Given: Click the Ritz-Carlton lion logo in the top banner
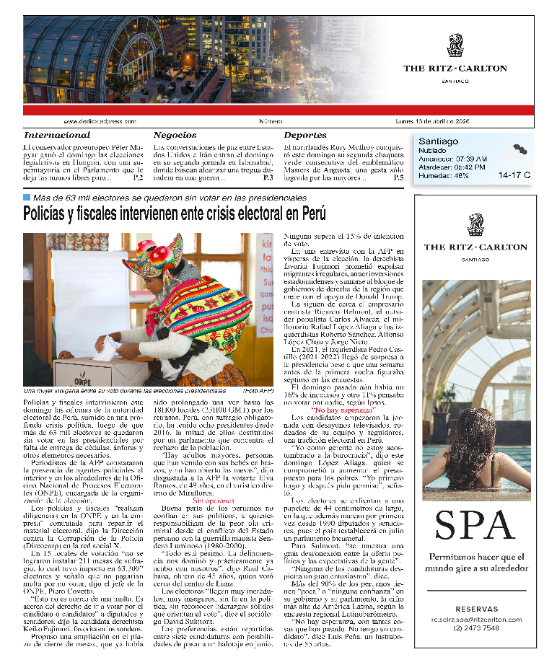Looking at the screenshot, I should click(x=455, y=45).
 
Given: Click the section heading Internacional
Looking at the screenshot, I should click(x=67, y=135).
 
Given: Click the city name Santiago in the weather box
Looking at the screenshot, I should click(x=438, y=141).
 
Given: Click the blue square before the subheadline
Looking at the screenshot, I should click(x=27, y=197).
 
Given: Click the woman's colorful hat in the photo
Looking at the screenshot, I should click(x=154, y=252).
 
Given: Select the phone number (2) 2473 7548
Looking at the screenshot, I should click(x=476, y=627).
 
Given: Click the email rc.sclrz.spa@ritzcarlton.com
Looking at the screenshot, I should click(x=476, y=619).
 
